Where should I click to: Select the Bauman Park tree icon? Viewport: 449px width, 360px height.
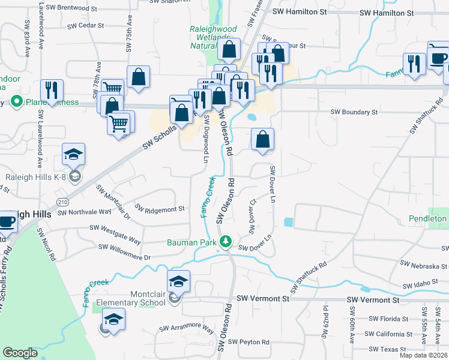tap(226, 242)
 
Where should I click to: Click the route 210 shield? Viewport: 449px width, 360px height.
tap(63, 202)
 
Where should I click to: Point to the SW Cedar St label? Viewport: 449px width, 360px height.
tap(85, 26)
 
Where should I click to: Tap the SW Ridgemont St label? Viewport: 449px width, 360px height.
tap(160, 209)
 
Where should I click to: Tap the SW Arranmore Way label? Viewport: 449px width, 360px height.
tap(187, 329)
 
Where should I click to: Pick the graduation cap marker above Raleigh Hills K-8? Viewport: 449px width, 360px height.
tap(73, 154)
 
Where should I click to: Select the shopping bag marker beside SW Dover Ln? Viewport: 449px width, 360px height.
tap(262, 140)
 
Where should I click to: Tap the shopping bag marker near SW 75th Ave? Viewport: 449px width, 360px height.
tap(138, 77)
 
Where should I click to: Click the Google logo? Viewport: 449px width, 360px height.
tap(20, 353)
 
